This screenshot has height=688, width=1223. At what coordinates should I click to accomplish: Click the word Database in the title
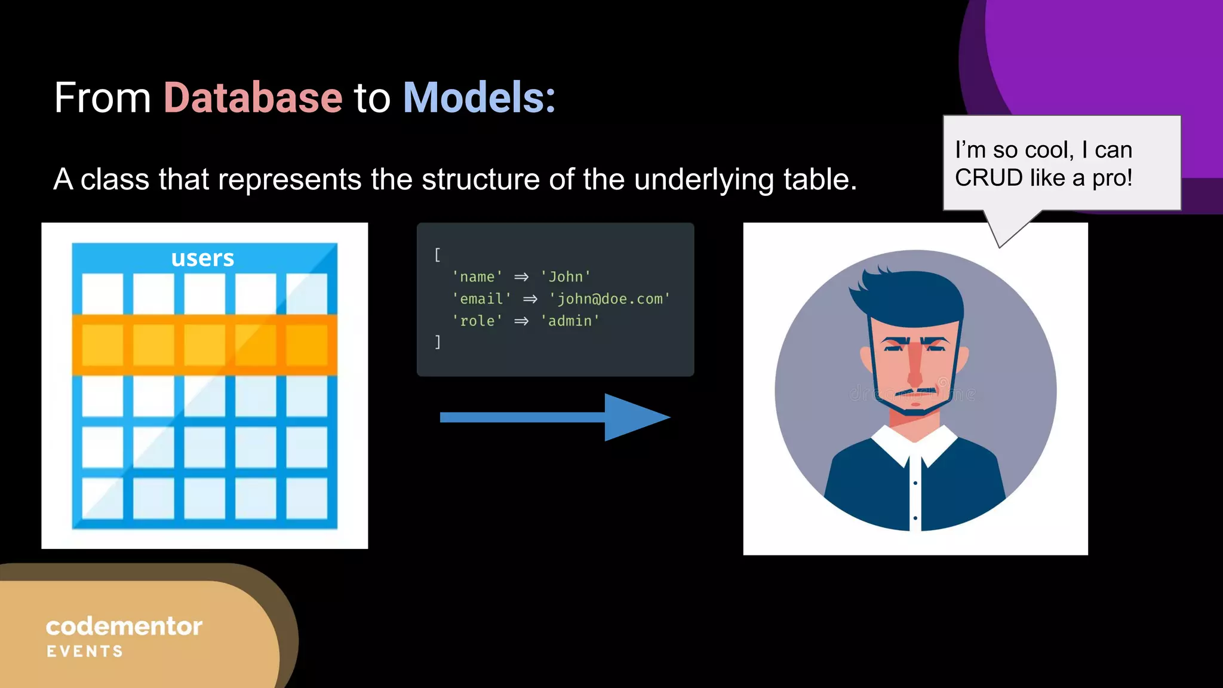(253, 97)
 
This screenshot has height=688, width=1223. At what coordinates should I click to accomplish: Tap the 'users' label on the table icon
(202, 258)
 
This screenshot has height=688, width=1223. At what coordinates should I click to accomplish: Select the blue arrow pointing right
(555, 417)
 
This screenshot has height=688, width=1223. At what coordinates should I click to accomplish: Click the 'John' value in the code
(565, 277)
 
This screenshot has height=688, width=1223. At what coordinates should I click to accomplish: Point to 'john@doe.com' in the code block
(609, 299)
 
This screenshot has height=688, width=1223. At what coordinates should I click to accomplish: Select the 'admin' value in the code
(570, 321)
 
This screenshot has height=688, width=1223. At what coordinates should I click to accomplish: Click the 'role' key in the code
(477, 321)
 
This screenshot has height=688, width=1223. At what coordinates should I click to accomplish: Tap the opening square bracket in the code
(437, 255)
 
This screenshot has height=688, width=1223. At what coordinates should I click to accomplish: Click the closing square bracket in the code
(437, 342)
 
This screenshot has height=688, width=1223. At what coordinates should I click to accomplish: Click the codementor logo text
(124, 626)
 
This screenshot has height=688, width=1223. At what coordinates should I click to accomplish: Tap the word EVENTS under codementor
(85, 652)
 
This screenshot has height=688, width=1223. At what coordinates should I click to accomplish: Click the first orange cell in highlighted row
(102, 345)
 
